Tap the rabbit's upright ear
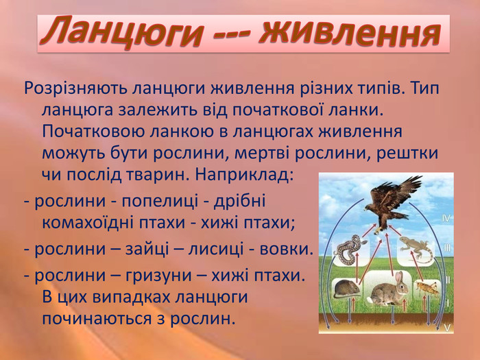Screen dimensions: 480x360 398,278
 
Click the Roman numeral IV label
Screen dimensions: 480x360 446,219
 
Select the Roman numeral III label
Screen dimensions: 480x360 447,248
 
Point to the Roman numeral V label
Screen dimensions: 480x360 447,328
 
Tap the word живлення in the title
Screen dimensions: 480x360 349,32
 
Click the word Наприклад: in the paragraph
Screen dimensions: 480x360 244,175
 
